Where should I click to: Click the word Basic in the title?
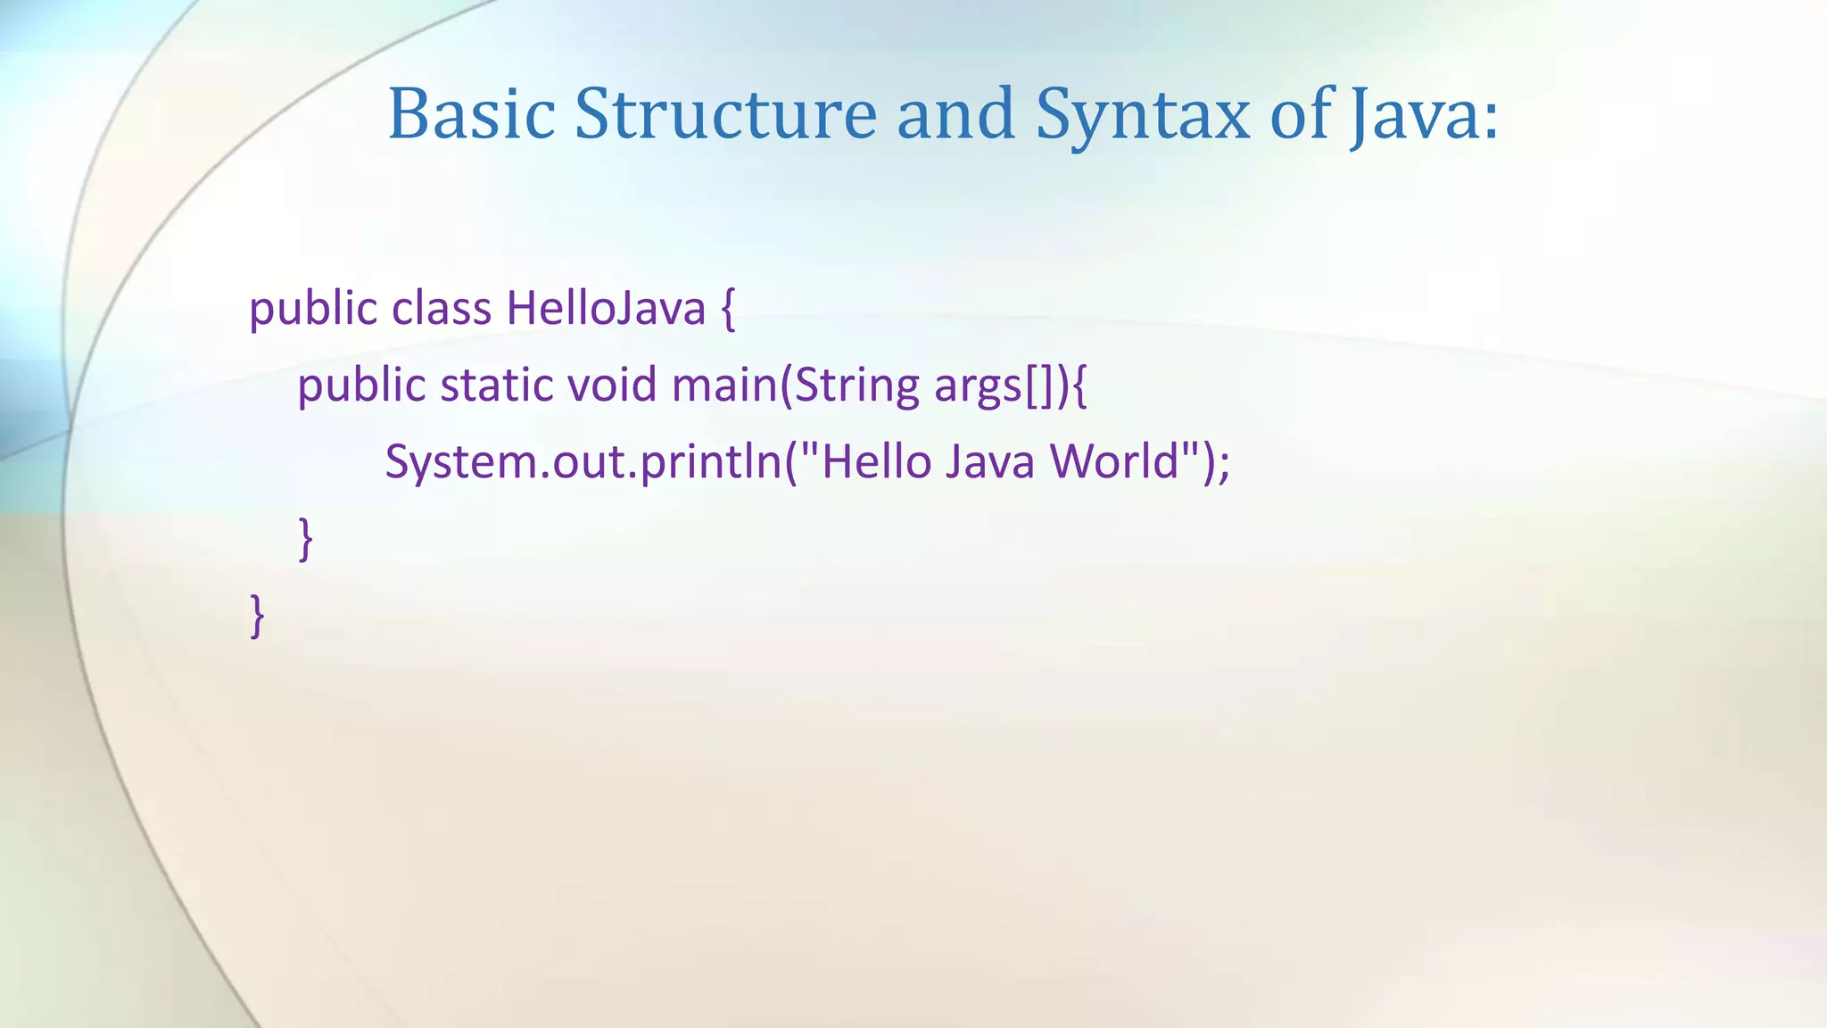pos(471,114)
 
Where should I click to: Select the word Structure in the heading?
pos(725,114)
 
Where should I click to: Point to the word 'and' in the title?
pos(955,114)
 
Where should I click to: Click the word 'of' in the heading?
pos(1299,114)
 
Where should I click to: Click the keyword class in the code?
pos(442,309)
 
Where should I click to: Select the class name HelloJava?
pos(606,309)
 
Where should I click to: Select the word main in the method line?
pos(723,385)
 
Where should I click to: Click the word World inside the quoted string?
pos(1114,462)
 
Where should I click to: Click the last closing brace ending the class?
pos(257,616)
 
